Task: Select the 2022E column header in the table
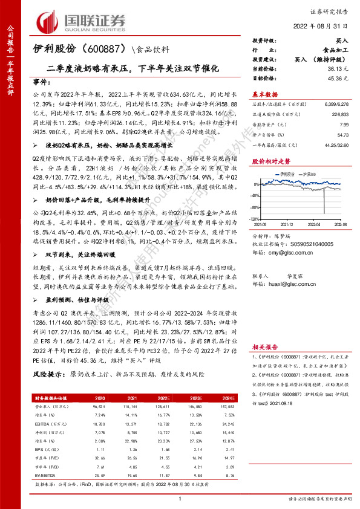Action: (x=163, y=399)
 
